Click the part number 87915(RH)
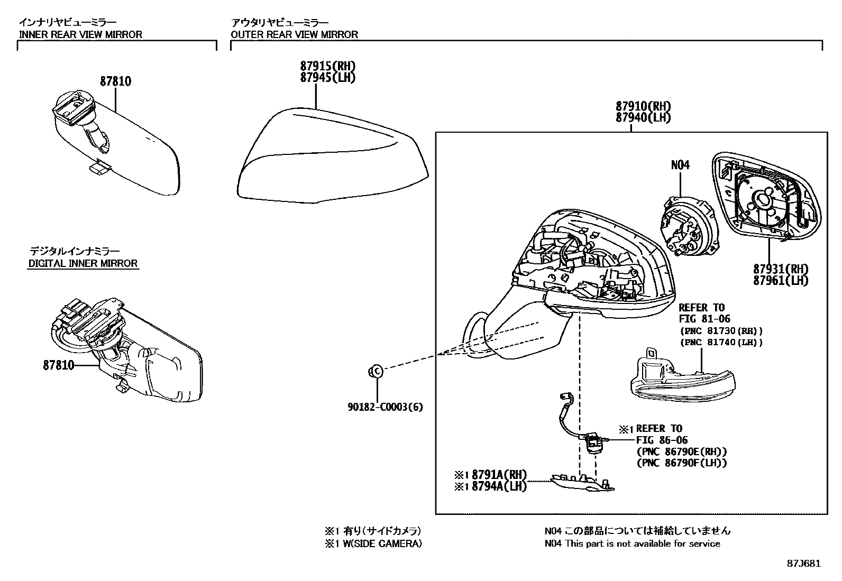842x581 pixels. click(x=327, y=67)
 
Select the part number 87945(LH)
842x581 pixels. click(x=327, y=78)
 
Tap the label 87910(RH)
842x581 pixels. click(x=643, y=106)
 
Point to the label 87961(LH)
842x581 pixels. click(x=781, y=280)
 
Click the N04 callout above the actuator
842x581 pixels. click(x=680, y=165)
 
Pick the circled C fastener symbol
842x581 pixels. click(x=375, y=372)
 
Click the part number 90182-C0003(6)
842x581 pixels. click(x=385, y=407)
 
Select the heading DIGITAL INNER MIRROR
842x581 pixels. click(x=83, y=263)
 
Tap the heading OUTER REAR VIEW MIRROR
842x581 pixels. click(x=294, y=34)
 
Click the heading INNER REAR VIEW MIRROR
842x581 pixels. click(x=80, y=34)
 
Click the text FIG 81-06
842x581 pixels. click(x=701, y=319)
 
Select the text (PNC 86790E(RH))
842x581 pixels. click(x=682, y=451)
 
